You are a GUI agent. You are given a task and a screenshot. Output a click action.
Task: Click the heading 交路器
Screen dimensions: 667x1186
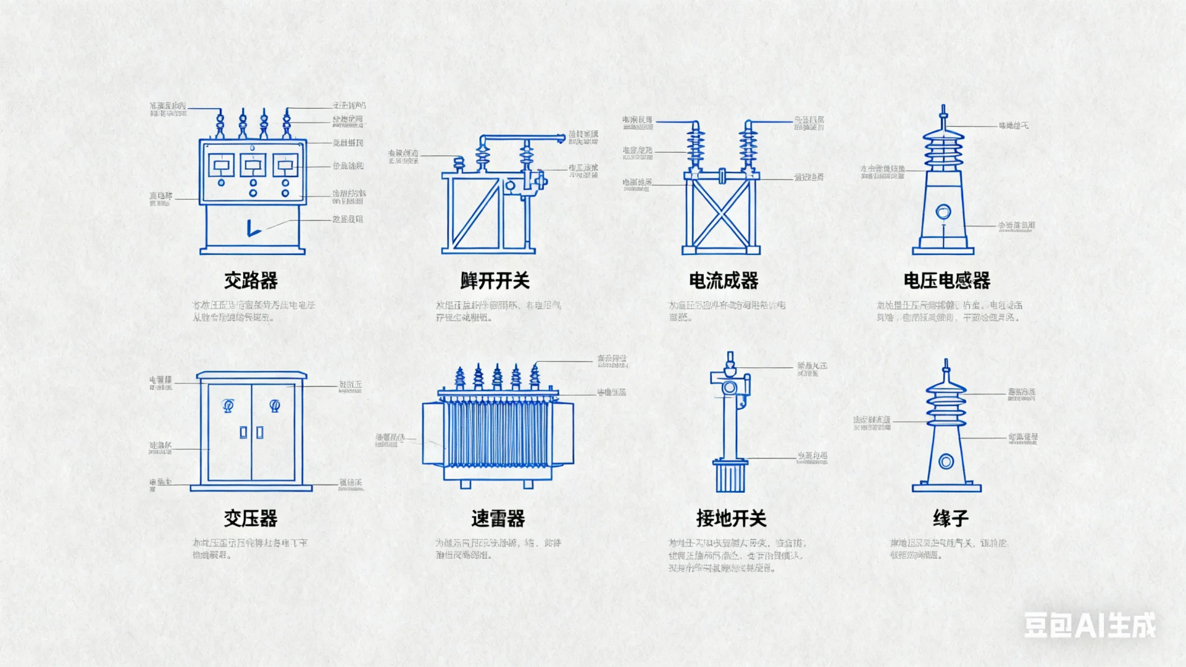250,281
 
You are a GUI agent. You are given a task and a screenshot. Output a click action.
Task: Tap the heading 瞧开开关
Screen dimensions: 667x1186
495,281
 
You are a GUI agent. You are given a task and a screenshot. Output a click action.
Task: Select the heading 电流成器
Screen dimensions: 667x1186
724,281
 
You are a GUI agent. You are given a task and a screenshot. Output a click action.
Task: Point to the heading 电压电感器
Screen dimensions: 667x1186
946,281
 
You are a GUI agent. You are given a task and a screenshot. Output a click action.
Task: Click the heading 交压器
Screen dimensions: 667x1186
250,518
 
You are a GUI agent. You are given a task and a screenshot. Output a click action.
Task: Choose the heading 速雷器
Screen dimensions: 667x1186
498,518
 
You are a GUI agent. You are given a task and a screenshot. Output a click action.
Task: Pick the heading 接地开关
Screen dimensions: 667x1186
731,518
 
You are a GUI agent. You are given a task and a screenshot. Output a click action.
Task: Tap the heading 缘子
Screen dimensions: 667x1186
950,518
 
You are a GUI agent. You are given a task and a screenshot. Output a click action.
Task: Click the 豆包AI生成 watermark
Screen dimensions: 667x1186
1090,625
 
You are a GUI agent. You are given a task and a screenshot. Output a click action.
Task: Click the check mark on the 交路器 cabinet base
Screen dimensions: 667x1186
253,229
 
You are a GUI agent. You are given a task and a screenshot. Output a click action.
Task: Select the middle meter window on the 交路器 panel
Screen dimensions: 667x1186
253,165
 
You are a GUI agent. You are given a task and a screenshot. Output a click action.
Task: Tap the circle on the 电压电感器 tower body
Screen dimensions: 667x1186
943,212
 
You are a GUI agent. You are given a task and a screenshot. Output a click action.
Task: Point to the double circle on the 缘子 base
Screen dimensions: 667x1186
946,461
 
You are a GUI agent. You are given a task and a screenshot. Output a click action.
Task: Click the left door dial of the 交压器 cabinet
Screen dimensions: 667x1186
228,405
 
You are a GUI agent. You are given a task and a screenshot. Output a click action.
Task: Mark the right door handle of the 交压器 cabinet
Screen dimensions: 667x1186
260,432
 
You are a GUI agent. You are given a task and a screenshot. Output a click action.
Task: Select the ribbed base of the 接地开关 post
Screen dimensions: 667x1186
730,477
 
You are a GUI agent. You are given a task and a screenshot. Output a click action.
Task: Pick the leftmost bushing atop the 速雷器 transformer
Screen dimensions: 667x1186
459,377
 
